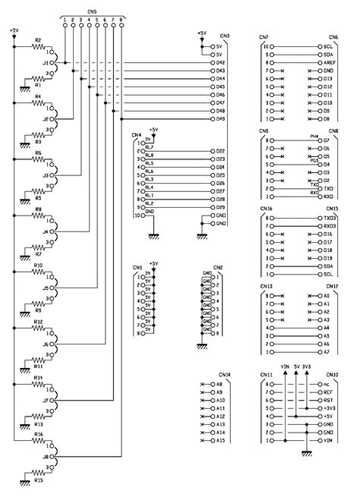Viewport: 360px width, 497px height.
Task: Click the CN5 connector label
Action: (x=92, y=12)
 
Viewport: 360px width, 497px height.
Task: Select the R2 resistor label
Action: (x=38, y=40)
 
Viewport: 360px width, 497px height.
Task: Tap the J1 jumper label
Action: (x=46, y=63)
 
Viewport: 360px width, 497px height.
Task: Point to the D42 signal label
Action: (x=221, y=62)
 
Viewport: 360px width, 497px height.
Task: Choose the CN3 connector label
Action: (x=225, y=36)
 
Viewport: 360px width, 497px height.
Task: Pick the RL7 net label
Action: (x=149, y=147)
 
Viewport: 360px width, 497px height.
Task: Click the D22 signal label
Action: (x=220, y=151)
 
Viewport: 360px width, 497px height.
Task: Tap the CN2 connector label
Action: (x=218, y=267)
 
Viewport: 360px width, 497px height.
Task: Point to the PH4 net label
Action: (x=313, y=136)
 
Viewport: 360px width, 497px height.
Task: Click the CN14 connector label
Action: (x=223, y=375)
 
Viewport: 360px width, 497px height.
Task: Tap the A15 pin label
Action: (x=220, y=441)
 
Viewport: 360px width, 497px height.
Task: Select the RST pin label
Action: (x=327, y=400)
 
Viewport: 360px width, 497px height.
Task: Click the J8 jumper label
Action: (x=46, y=458)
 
